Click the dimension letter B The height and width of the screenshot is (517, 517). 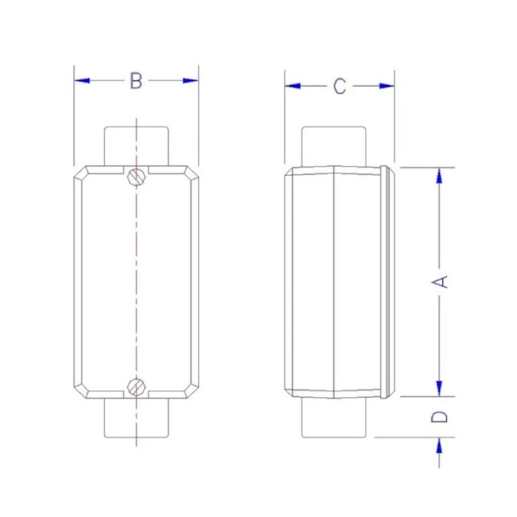coord(136,80)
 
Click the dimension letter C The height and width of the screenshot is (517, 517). coord(340,86)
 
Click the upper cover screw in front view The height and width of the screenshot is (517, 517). coord(136,176)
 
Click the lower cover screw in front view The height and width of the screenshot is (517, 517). coord(136,387)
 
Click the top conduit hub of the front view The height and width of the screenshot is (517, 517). coord(136,145)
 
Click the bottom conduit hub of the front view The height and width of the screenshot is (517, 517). coord(136,417)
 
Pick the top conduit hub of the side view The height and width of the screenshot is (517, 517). coord(334,146)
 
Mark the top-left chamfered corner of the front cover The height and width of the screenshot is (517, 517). coord(81,173)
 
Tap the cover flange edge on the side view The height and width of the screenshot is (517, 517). coord(388,281)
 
